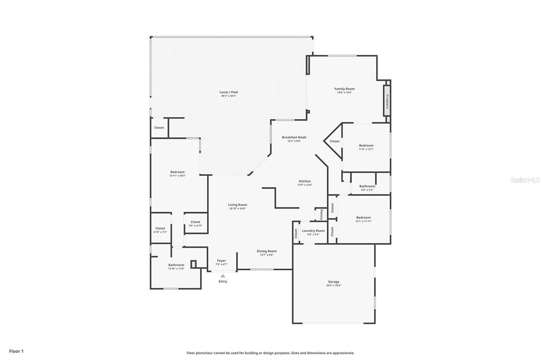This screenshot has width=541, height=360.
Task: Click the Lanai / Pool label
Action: [x=228, y=92]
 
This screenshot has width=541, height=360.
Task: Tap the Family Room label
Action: [x=344, y=89]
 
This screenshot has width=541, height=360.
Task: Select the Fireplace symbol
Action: [x=387, y=101]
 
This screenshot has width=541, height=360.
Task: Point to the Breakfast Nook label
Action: [x=294, y=137]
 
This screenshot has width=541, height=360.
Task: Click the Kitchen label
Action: [x=305, y=181]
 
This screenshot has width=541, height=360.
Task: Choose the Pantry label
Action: [x=321, y=214]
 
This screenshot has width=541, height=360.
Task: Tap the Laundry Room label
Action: [x=313, y=231]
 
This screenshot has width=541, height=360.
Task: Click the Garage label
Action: [x=334, y=282]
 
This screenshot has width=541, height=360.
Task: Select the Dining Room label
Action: [x=267, y=251]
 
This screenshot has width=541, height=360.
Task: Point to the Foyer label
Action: [x=221, y=261]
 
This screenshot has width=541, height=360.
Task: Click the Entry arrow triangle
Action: [x=223, y=276]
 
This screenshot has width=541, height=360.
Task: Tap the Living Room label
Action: [x=238, y=205]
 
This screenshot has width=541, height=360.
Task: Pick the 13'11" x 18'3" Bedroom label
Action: [x=178, y=172]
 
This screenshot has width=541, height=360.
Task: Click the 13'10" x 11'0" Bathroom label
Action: [x=176, y=265]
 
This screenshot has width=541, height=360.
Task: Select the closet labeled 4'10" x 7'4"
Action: [x=160, y=229]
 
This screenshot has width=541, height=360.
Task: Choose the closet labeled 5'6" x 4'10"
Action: [x=195, y=222]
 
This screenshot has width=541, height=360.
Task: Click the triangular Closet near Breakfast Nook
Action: [x=335, y=141]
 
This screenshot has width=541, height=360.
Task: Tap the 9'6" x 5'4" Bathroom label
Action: [x=367, y=186]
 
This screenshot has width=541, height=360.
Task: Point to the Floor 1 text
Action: [x=16, y=350]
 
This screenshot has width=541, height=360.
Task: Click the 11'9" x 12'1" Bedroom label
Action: [x=366, y=146]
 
